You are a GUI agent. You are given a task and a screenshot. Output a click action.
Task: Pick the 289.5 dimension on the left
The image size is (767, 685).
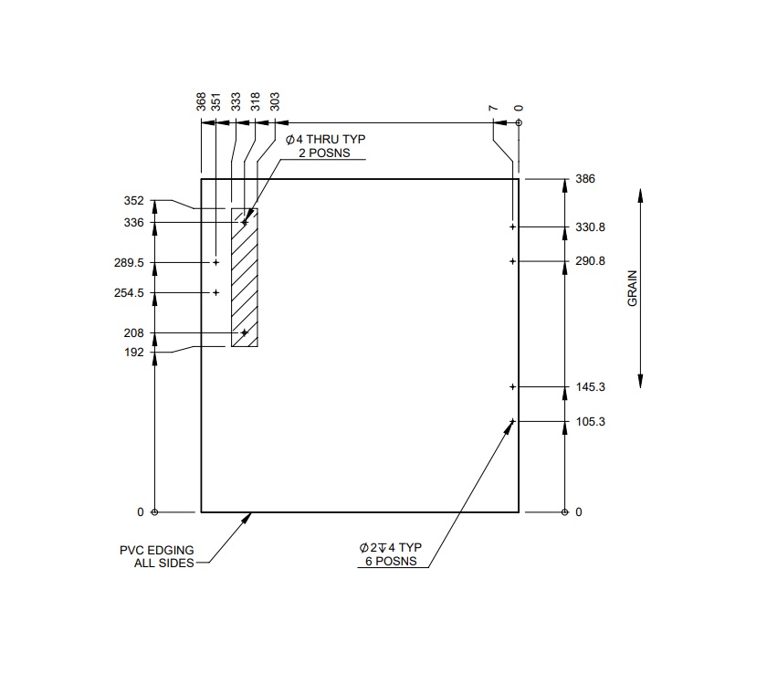pyautogui.click(x=132, y=262)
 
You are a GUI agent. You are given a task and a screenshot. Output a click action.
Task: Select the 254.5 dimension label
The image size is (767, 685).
pyautogui.click(x=132, y=293)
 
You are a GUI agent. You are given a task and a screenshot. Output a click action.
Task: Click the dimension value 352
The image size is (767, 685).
pyautogui.click(x=133, y=201)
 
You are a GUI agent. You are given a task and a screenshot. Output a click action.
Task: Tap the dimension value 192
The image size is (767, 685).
pyautogui.click(x=133, y=352)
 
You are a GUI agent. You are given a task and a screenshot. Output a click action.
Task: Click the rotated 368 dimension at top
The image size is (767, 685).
pyautogui.click(x=201, y=101)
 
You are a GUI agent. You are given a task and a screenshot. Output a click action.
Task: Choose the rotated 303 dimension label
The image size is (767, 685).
pyautogui.click(x=275, y=101)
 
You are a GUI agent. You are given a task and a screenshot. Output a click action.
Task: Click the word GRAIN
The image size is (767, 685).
pyautogui.click(x=633, y=288)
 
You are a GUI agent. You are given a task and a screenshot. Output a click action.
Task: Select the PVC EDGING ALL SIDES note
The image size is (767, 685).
pyautogui.click(x=156, y=556)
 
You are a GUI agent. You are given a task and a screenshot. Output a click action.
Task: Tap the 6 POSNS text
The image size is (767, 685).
pyautogui.click(x=394, y=562)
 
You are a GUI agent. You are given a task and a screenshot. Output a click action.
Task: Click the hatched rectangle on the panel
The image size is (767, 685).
pyautogui.click(x=245, y=278)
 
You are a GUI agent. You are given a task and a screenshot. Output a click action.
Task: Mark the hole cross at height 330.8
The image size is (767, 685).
pyautogui.click(x=512, y=227)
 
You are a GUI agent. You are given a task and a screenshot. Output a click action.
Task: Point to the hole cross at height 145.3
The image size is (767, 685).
pyautogui.click(x=512, y=387)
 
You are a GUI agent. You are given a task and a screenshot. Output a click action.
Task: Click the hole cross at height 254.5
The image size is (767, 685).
pyautogui.click(x=216, y=292)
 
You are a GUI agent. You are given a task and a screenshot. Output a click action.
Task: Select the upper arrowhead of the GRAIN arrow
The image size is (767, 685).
pyautogui.click(x=641, y=195)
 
